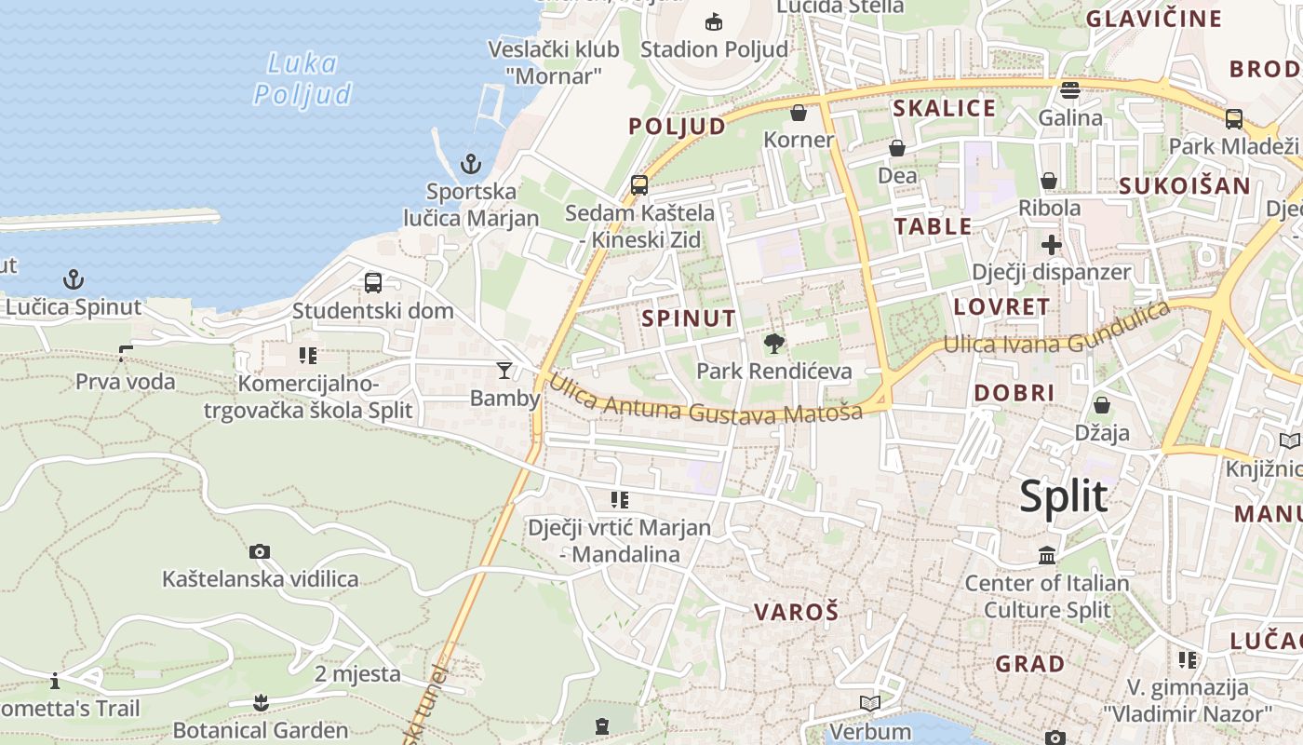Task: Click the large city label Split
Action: coord(1063,496)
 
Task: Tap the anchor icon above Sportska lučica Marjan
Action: coord(471,165)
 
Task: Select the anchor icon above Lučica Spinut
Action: coord(73,279)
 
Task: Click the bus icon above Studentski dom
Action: coord(373,283)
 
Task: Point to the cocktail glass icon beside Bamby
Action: coord(504,371)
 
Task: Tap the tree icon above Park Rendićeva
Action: coord(773,345)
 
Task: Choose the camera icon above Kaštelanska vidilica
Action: coord(260,551)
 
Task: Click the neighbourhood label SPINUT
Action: coord(689,318)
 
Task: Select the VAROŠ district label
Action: coord(796,612)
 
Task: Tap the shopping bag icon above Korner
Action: coord(798,113)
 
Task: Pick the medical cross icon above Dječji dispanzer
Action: coord(1051,245)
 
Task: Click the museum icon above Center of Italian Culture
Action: coord(1047,556)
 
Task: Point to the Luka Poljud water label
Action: coord(302,79)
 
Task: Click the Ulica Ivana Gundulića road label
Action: coord(1055,329)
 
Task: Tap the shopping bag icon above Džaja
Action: coord(1101,405)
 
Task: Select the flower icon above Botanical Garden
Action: coord(261,702)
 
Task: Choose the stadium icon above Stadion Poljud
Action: coord(714,21)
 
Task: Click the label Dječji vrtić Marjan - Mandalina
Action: coord(619,541)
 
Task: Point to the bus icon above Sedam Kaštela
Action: coord(639,184)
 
